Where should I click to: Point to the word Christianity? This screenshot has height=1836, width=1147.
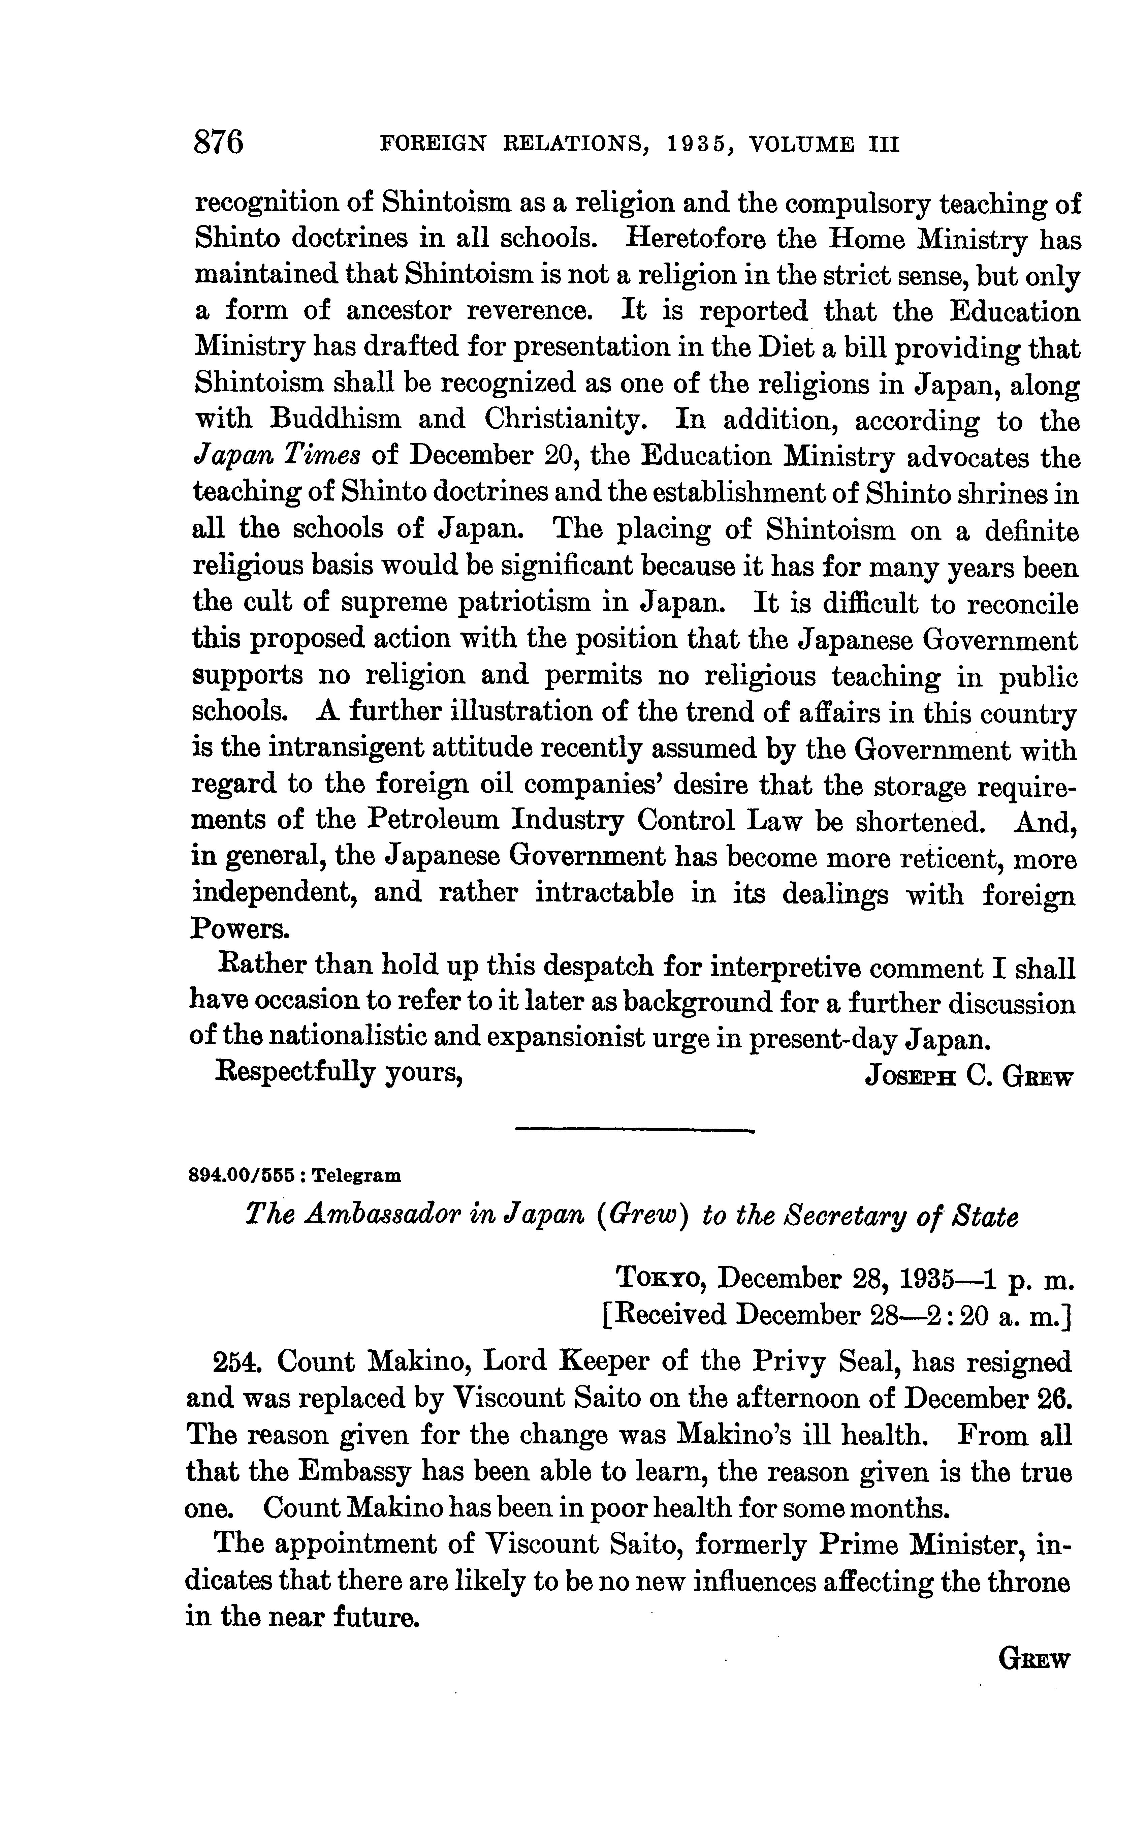point(561,421)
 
